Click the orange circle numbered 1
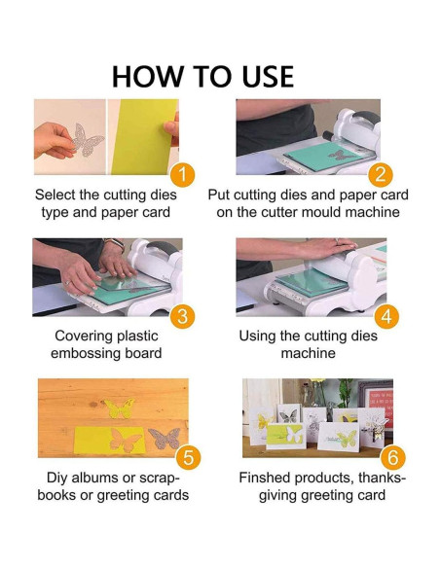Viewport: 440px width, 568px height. coord(182,175)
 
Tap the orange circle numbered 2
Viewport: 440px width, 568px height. coord(381,175)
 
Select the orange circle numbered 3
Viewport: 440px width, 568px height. coord(182,317)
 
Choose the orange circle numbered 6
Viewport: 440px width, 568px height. coord(391,458)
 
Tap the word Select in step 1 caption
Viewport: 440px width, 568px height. coord(57,195)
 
